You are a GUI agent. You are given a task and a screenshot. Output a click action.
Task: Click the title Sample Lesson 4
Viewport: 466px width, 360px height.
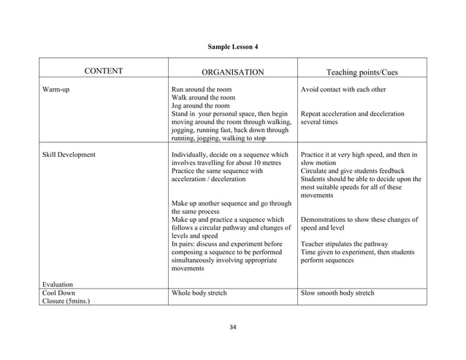pos(232,47)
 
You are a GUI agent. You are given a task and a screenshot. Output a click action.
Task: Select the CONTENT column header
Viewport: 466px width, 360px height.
pos(103,72)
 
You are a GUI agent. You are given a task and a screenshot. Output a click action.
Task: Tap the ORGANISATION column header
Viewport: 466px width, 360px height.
pos(232,72)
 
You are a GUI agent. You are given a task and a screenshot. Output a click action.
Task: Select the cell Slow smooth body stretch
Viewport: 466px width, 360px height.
pos(337,294)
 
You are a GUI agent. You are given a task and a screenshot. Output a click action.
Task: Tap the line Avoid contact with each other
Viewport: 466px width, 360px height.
pos(343,90)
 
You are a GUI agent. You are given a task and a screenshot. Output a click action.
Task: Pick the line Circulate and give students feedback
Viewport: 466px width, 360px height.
pos(354,171)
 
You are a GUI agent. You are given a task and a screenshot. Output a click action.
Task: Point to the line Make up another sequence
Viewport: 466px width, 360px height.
pos(230,204)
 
